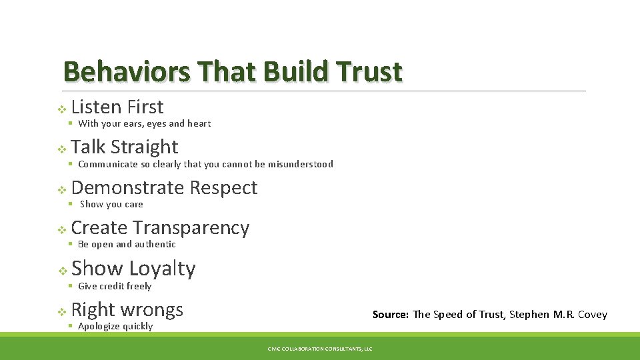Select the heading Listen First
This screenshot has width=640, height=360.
[117, 107]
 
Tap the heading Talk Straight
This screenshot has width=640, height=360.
[124, 147]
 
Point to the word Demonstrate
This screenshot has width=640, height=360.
[127, 188]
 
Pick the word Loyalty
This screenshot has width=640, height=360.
[162, 269]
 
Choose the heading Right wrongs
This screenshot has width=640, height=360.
[127, 309]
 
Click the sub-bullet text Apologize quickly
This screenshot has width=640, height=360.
[115, 326]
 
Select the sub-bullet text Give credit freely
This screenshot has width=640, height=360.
[115, 286]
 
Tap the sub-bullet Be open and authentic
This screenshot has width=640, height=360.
[127, 245]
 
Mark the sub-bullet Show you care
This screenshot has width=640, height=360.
[111, 205]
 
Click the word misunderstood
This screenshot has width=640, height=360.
[301, 164]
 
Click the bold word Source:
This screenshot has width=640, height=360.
[390, 315]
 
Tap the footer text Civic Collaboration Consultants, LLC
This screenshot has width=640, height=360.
[320, 349]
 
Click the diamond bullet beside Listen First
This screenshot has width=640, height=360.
[61, 109]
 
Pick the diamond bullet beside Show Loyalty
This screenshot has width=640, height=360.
[61, 271]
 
